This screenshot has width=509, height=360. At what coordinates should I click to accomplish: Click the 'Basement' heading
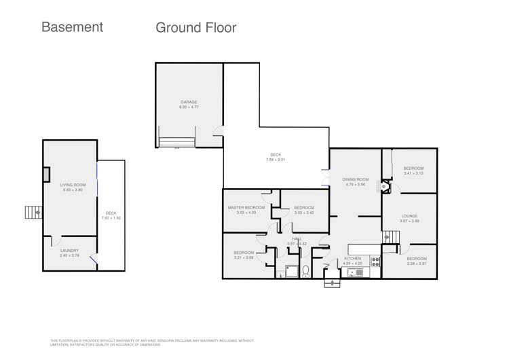[72, 27]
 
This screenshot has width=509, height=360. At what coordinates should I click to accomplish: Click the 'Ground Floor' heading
[195, 28]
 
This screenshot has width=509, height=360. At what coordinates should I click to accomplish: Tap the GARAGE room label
[189, 102]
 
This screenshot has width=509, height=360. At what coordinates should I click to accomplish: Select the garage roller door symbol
[176, 141]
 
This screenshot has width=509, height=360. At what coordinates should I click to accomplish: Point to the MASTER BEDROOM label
[246, 207]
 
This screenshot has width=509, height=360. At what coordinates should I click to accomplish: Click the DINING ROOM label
[356, 179]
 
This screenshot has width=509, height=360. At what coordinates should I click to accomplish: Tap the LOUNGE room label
[409, 216]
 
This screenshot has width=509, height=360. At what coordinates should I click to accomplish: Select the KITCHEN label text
[353, 258]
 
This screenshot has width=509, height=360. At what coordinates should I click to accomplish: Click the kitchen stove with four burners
[375, 260]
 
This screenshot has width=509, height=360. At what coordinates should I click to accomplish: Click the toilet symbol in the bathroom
[305, 271]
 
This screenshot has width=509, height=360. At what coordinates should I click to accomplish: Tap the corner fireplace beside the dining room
[385, 186]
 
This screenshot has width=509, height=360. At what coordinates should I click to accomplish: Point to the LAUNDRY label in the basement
[69, 251]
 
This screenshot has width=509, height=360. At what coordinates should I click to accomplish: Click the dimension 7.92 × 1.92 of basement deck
[111, 218]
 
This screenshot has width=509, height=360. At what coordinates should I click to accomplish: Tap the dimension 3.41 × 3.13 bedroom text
[413, 173]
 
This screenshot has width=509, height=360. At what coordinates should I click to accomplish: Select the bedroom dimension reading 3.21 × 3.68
[244, 257]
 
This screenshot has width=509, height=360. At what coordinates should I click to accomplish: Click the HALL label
[297, 239]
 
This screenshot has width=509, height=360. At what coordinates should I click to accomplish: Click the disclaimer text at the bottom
[152, 342]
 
